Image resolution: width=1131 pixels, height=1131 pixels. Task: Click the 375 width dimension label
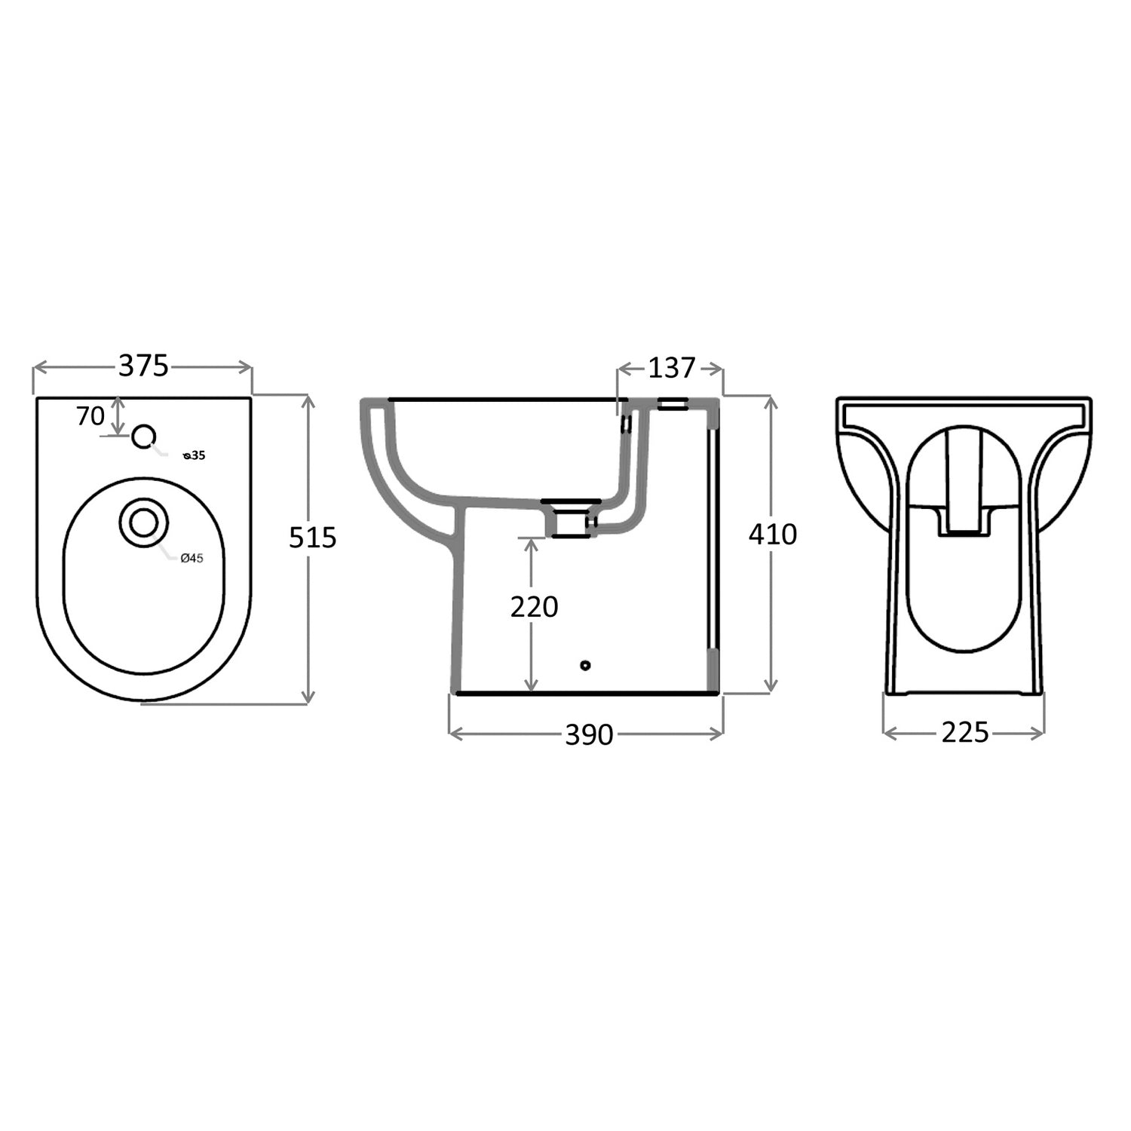[x=143, y=366]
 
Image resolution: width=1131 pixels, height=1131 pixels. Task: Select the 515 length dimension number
[x=312, y=538]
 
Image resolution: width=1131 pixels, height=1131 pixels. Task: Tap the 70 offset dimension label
[x=90, y=415]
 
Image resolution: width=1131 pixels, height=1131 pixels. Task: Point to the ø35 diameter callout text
[x=195, y=455]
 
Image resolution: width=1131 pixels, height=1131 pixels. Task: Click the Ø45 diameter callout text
[x=192, y=558]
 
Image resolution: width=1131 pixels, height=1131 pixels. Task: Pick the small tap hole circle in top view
[x=143, y=436]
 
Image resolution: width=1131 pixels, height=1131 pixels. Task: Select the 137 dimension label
[x=671, y=368]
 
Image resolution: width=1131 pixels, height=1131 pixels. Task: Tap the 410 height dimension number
[x=772, y=534]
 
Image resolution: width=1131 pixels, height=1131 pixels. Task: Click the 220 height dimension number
[x=534, y=606]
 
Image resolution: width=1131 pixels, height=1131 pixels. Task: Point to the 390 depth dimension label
[x=589, y=734]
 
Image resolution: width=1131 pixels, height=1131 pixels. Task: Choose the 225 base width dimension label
[x=964, y=732]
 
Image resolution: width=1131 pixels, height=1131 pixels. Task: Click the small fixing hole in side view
[x=585, y=665]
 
